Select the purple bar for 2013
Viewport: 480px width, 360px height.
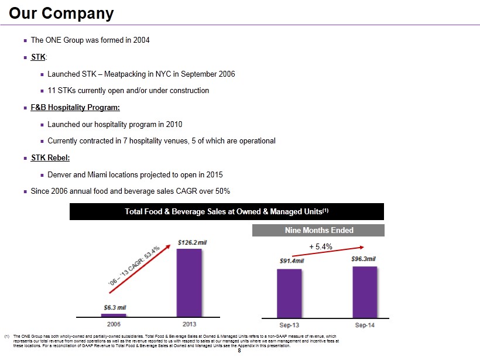[189, 282]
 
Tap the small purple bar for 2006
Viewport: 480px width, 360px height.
[113, 315]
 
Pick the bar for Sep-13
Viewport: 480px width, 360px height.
[289, 293]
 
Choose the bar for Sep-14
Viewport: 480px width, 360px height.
[365, 292]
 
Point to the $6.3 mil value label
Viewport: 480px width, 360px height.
[115, 307]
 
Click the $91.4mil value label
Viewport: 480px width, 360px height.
[291, 261]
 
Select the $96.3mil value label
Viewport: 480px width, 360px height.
[364, 259]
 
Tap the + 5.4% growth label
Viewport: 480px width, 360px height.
[321, 247]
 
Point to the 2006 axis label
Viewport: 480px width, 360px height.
[113, 323]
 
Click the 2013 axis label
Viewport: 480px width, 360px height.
[189, 323]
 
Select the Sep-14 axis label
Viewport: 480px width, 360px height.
[365, 323]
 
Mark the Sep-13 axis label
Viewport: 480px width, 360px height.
[289, 323]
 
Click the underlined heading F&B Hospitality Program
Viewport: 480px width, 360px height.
[75, 108]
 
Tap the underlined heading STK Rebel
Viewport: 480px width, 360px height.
[54, 158]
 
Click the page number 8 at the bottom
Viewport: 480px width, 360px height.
[239, 351]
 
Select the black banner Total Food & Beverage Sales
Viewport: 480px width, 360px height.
[227, 211]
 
